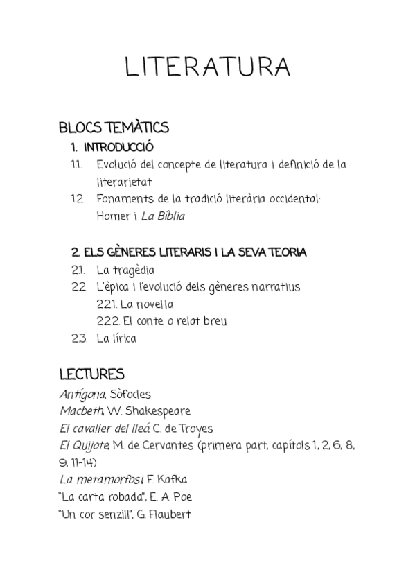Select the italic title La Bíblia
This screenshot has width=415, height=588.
point(163,216)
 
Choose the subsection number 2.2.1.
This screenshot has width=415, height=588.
point(107,304)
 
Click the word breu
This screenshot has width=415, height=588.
point(212,322)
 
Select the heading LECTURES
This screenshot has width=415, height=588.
point(91,375)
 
